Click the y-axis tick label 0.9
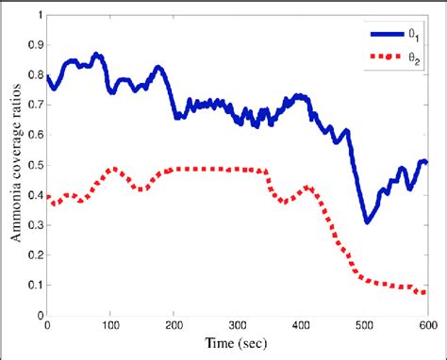[34, 45]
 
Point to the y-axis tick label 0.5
[34, 166]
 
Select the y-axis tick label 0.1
[34, 286]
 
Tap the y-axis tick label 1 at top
[39, 15]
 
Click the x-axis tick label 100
[110, 326]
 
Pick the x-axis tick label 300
[237, 326]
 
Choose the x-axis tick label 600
[426, 326]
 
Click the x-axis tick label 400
[300, 326]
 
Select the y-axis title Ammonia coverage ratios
[16, 166]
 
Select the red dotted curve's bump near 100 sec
[112, 170]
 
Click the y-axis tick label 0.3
[34, 225]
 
